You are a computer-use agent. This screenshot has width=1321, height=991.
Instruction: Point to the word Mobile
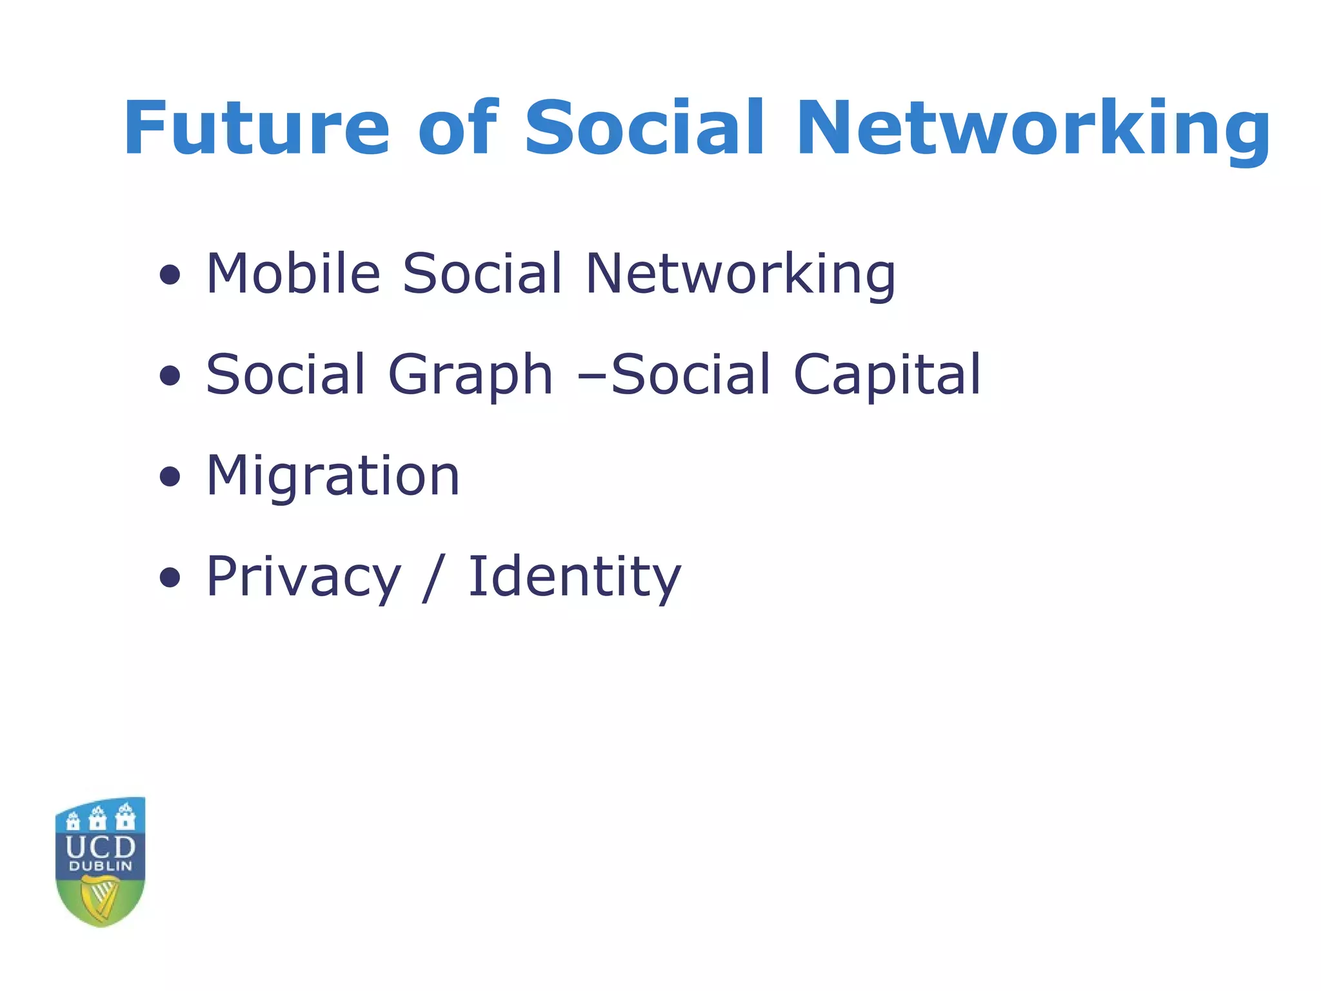point(293,273)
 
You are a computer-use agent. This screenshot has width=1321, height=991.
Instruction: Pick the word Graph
point(470,375)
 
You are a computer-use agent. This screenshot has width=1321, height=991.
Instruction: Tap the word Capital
point(887,375)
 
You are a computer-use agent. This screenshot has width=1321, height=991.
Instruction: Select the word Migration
point(333,476)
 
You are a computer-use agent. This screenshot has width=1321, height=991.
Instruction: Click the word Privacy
point(303,577)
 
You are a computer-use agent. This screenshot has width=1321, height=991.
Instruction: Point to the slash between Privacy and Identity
point(433,577)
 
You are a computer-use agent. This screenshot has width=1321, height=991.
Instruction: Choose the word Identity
point(574,577)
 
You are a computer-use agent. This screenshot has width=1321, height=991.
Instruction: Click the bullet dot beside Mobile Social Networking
point(170,275)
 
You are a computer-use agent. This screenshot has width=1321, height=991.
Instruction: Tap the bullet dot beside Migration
point(170,477)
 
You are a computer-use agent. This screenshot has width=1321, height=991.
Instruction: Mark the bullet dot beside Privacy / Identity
point(170,578)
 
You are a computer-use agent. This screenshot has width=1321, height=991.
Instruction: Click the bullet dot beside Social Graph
point(170,376)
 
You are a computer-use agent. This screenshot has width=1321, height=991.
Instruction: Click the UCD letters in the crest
point(101,847)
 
